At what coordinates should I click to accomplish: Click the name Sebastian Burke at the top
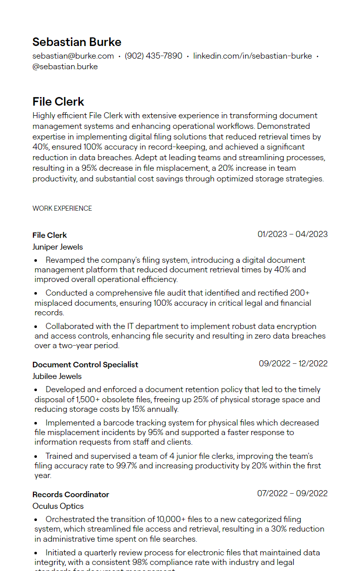point(77,42)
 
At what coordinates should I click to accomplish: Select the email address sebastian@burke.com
point(73,56)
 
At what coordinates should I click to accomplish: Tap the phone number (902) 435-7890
point(153,56)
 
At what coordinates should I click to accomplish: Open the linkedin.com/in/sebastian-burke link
point(252,56)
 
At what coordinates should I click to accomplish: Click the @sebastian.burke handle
point(65,67)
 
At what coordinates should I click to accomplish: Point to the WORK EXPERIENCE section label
point(62,208)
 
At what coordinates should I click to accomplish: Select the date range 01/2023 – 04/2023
point(292,234)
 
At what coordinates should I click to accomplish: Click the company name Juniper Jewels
point(58,247)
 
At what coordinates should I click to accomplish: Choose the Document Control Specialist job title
point(85,364)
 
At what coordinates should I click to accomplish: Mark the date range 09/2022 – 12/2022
point(293,363)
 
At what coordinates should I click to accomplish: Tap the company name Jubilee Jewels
point(57,376)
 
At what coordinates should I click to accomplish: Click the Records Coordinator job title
point(71,494)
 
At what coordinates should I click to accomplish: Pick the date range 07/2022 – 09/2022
point(292,493)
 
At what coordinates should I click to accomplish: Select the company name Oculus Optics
point(58,506)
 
